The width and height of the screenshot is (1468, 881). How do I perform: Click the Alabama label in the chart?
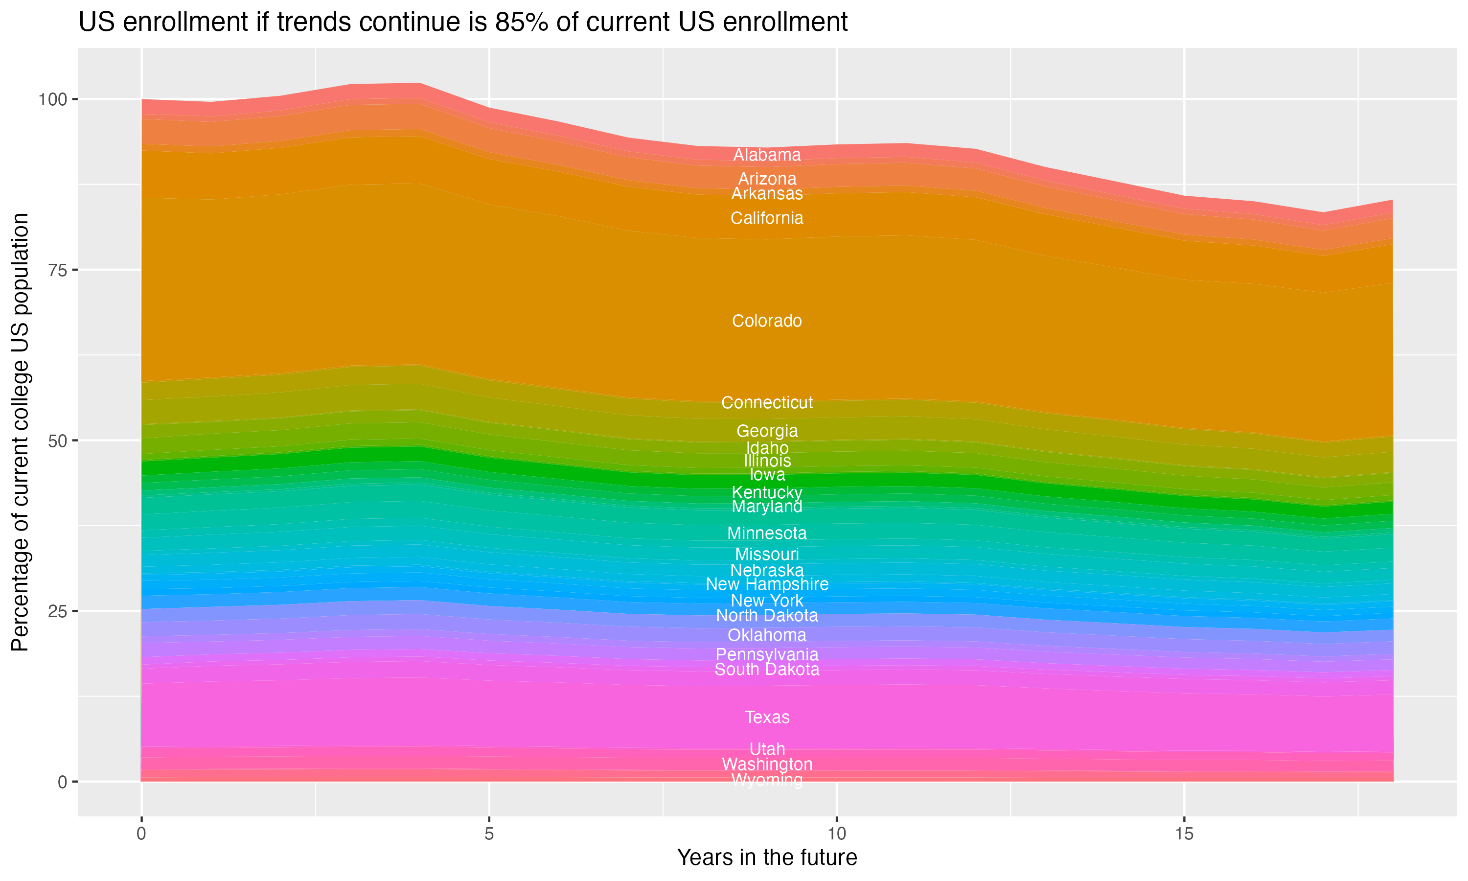[767, 155]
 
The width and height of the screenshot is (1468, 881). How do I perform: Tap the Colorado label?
[767, 321]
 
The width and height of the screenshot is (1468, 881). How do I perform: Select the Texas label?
[767, 717]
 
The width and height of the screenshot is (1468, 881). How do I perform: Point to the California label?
[767, 218]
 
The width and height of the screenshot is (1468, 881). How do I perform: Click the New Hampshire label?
[767, 584]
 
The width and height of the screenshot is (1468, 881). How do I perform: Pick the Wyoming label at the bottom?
[767, 780]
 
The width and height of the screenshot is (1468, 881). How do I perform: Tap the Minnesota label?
[767, 533]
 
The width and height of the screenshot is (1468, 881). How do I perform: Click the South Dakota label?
[767, 670]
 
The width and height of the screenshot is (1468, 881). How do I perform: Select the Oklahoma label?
[767, 635]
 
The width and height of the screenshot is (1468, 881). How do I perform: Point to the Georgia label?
[767, 431]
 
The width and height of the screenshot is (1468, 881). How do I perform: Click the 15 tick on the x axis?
[1184, 834]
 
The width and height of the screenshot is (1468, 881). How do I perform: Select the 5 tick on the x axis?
[489, 834]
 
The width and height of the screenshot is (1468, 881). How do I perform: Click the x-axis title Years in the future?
[767, 858]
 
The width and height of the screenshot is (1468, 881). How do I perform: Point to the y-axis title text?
[20, 432]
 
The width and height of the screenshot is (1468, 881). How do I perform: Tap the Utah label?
[767, 749]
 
